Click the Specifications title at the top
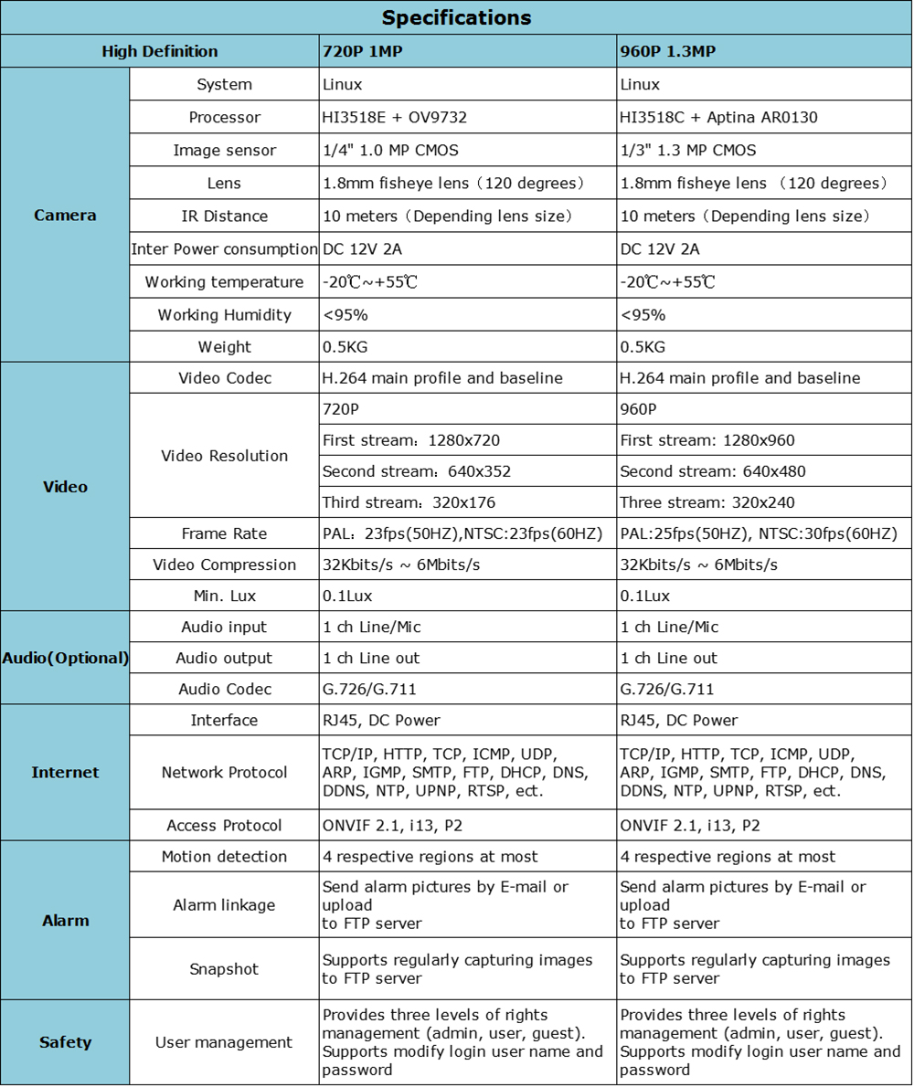click(456, 17)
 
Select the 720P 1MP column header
click(363, 52)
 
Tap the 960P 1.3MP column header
click(667, 52)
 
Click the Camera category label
click(65, 216)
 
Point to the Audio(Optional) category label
click(65, 658)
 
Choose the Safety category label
click(65, 1042)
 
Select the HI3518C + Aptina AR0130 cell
click(718, 117)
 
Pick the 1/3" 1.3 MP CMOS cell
click(688, 150)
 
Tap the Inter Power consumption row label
click(224, 248)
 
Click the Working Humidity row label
click(224, 314)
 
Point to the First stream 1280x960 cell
click(707, 440)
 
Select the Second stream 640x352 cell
click(417, 471)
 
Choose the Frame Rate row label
click(224, 533)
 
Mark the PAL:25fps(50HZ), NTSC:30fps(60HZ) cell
click(759, 533)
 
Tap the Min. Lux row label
click(224, 596)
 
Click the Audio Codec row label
click(224, 689)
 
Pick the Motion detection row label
click(224, 856)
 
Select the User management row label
click(224, 1042)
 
